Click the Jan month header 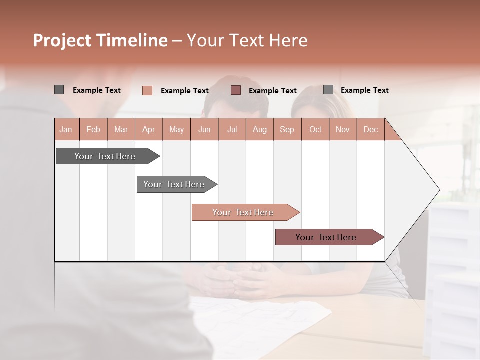(x=66, y=130)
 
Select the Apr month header (x=148, y=130)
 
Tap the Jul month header (x=232, y=130)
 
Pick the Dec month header (x=370, y=130)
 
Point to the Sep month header (x=287, y=130)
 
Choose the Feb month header (x=93, y=130)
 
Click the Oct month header (x=315, y=130)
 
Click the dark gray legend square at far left (x=59, y=90)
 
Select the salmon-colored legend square (x=147, y=90)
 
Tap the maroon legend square (x=236, y=90)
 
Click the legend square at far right (x=328, y=90)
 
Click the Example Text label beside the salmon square (x=184, y=91)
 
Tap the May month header (x=176, y=130)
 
